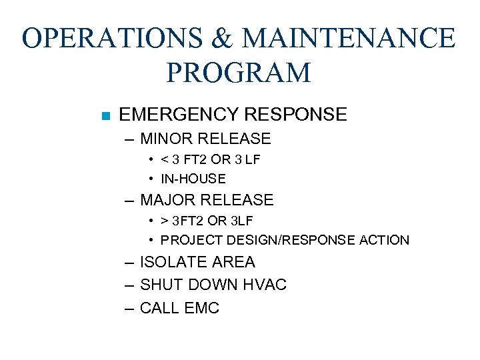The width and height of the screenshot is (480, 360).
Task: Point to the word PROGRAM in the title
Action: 239,72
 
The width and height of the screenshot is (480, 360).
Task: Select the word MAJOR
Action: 167,199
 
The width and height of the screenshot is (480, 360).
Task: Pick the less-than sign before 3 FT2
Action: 163,160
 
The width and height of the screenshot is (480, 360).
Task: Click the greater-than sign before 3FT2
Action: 163,221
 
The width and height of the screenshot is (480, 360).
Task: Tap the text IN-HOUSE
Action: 193,179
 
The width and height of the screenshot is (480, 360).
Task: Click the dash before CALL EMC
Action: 128,308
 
